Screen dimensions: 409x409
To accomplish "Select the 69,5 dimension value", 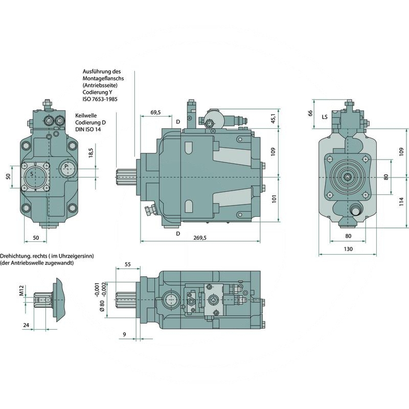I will click(156, 112).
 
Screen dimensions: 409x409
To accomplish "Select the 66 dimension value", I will click(310, 113).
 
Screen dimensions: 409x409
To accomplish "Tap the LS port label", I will click(324, 117).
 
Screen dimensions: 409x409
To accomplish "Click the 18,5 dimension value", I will click(90, 152).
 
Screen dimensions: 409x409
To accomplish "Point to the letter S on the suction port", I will click(32, 174).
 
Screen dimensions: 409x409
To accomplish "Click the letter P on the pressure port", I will click(66, 167).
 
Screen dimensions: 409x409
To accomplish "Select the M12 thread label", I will click(21, 291).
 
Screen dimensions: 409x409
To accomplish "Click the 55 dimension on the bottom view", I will click(128, 264).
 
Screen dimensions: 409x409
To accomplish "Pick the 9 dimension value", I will click(125, 334).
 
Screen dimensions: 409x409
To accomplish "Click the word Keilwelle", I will click(86, 116).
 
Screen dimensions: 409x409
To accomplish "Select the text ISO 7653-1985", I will click(100, 99).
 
